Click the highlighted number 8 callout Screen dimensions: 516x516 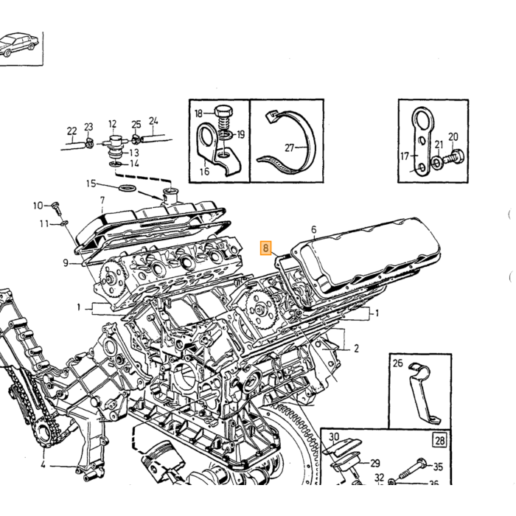265,248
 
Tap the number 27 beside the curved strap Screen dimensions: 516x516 289,148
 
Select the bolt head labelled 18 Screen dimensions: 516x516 223,112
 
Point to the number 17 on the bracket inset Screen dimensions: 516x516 405,156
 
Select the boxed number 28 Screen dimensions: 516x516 440,440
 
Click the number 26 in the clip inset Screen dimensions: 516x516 398,363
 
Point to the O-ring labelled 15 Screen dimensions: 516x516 127,188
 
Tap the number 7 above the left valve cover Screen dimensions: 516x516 102,200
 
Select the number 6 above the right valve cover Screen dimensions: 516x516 313,229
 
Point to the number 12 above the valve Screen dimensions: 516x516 112,124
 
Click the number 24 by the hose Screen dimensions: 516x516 153,121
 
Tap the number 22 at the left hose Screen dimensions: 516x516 72,131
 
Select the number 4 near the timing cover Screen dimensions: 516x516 43,465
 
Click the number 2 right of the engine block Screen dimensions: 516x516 356,348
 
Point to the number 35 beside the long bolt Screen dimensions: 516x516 438,467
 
